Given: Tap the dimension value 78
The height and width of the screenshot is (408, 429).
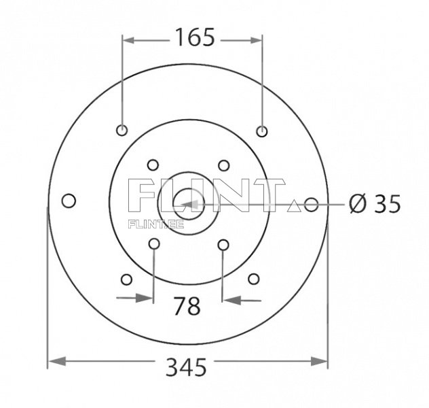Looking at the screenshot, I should pyautogui.click(x=187, y=306).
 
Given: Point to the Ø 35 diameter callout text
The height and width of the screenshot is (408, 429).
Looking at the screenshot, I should pyautogui.click(x=374, y=203).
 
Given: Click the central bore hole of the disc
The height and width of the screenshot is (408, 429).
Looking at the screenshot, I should pyautogui.click(x=184, y=202).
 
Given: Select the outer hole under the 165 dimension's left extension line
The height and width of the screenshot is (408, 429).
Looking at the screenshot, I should pyautogui.click(x=122, y=131).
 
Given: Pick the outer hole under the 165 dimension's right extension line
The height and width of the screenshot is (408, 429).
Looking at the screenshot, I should pyautogui.click(x=263, y=131).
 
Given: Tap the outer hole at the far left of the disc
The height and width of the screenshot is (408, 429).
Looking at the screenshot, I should pyautogui.click(x=69, y=201).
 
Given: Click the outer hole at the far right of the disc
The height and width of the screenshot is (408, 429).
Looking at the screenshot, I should pyautogui.click(x=312, y=204).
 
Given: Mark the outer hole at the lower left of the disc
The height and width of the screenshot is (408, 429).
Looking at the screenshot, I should pyautogui.click(x=126, y=279).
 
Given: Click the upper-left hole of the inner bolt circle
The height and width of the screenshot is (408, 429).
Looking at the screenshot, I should pyautogui.click(x=153, y=165).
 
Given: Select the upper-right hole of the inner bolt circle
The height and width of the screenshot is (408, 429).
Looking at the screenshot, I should pyautogui.click(x=223, y=165).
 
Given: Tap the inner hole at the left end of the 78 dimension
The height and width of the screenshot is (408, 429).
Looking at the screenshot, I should pyautogui.click(x=154, y=243).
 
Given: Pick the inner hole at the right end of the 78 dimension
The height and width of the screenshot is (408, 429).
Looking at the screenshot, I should pyautogui.click(x=223, y=243).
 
